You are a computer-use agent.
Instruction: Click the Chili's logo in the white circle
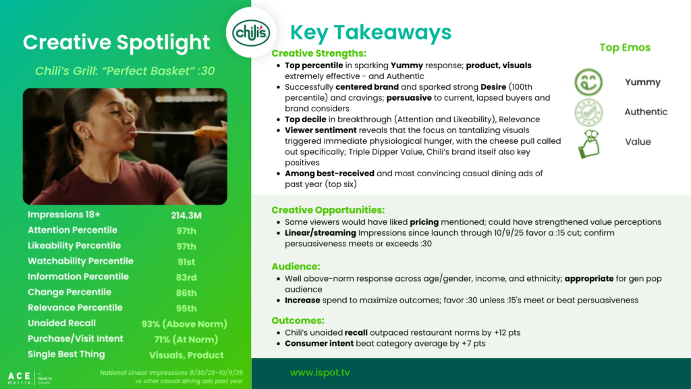(x=251, y=32)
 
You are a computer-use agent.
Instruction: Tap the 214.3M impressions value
(x=186, y=215)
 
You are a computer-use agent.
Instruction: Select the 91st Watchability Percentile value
(x=186, y=262)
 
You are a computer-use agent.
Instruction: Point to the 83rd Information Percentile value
(x=186, y=278)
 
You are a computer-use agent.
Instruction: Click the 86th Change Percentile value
(x=186, y=293)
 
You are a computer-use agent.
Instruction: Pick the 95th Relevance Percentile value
(x=186, y=308)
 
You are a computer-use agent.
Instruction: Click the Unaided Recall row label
(x=61, y=323)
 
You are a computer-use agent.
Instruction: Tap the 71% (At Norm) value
(x=186, y=340)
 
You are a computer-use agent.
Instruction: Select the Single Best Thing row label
(x=67, y=354)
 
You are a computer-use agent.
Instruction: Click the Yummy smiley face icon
(x=588, y=82)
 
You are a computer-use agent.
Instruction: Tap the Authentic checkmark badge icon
(x=588, y=113)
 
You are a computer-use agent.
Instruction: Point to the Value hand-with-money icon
(x=588, y=144)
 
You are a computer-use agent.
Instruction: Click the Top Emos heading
(x=625, y=48)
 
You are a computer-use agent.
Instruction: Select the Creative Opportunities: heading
(x=328, y=210)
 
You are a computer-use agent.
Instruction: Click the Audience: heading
(x=296, y=266)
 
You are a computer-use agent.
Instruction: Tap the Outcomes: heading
(x=298, y=320)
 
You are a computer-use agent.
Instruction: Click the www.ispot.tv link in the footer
(x=320, y=373)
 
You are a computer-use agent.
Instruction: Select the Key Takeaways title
(x=370, y=32)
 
